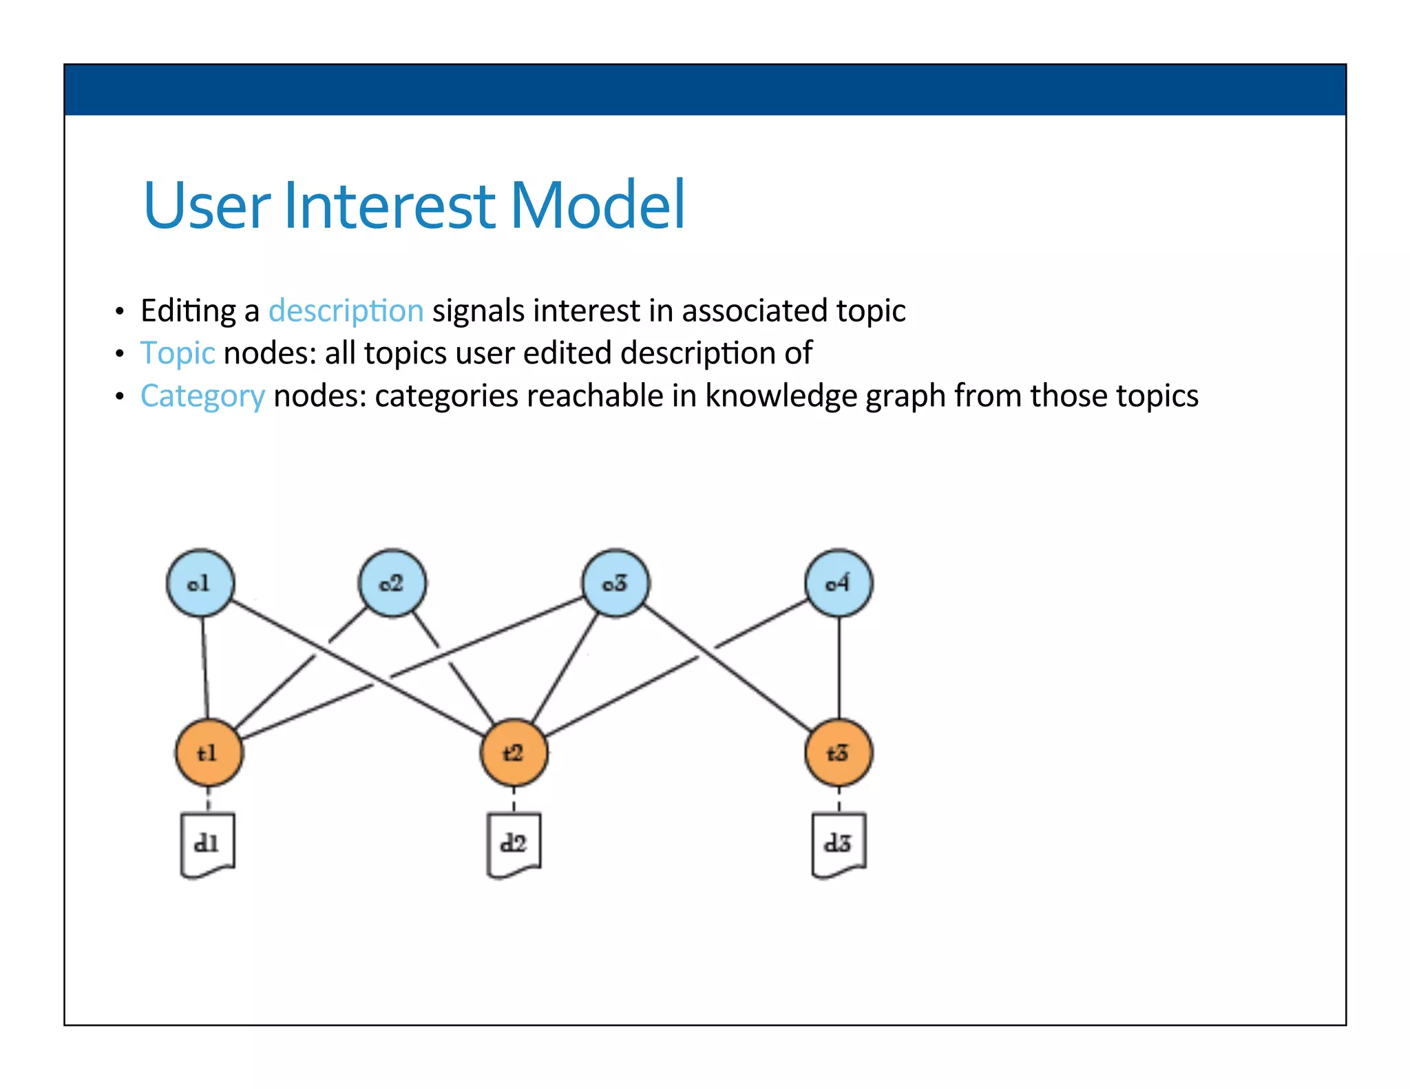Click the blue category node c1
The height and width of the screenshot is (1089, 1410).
point(200,583)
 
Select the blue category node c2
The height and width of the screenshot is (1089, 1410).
point(392,583)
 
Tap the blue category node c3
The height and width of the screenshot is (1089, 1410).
point(615,583)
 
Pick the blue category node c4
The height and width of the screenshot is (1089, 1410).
point(839,583)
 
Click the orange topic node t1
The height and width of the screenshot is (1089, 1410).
point(209,753)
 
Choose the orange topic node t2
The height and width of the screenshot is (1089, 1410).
point(514,753)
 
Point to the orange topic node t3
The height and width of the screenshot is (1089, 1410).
point(839,753)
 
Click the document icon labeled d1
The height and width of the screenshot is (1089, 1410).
point(207,845)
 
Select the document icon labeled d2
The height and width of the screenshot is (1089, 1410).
point(514,845)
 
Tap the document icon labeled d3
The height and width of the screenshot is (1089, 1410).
point(839,845)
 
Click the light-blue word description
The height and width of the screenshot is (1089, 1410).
point(346,311)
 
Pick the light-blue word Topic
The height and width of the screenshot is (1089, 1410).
point(178,354)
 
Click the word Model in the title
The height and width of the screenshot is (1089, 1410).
point(597,205)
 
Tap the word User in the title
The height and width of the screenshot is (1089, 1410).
point(207,205)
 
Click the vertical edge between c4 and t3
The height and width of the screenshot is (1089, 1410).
point(839,668)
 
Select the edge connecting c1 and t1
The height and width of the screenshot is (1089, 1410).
point(204,668)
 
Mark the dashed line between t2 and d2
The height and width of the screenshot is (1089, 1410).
point(514,800)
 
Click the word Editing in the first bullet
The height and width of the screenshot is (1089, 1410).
point(188,311)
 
